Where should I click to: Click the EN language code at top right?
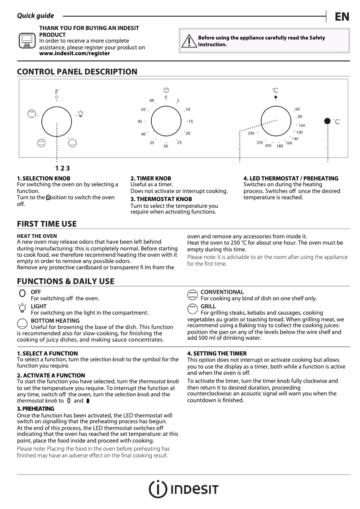point(342,17)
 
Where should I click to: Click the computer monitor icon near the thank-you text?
point(26,40)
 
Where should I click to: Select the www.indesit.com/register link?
point(75,53)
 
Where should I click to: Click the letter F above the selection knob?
point(57,92)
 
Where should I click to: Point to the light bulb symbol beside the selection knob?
point(80,114)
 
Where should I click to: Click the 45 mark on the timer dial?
point(140,121)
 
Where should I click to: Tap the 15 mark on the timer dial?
point(190,121)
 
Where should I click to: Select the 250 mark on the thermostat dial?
point(251,133)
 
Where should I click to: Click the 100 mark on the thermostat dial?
point(301,126)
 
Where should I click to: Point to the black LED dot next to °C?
point(327,121)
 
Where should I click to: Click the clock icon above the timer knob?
point(166,90)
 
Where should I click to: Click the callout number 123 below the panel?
point(63,168)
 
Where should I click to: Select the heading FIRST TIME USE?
point(47,224)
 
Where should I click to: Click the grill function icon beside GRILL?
point(193,307)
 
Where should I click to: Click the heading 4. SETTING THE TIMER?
point(216,354)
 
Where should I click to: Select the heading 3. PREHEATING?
point(35,408)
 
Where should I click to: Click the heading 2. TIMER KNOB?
point(150,178)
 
